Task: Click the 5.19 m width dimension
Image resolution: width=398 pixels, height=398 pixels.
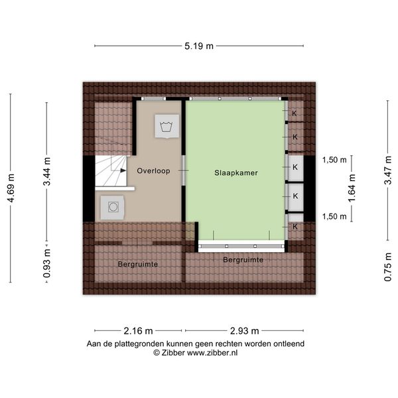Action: (x=199, y=46)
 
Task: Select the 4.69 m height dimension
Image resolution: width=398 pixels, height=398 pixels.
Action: (x=11, y=188)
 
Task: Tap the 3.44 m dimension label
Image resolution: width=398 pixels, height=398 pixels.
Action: (x=47, y=171)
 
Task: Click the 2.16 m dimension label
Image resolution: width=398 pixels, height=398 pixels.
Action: (x=139, y=331)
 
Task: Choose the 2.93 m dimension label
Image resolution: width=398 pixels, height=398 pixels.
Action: (x=244, y=331)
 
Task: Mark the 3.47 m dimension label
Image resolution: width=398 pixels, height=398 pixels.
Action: (x=388, y=170)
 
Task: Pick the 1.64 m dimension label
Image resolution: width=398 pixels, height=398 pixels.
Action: (x=352, y=188)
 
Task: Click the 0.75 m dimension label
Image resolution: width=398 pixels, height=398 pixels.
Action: (x=388, y=267)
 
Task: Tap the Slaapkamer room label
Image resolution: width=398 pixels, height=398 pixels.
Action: (x=236, y=173)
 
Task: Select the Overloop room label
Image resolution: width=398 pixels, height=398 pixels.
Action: (x=154, y=171)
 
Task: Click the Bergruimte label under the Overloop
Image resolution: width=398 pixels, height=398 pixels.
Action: (x=138, y=264)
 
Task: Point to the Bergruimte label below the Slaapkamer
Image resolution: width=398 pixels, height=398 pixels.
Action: (x=243, y=259)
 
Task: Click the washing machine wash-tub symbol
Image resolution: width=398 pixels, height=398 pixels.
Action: (x=166, y=126)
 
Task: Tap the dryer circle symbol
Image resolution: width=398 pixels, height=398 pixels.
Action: (x=113, y=207)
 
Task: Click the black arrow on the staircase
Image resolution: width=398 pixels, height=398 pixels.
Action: (x=123, y=170)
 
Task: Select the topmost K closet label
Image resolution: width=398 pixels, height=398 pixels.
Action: (x=294, y=113)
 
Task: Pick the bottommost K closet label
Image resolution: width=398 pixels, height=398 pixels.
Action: (x=295, y=227)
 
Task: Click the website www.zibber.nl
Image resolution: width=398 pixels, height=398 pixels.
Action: (x=212, y=353)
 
